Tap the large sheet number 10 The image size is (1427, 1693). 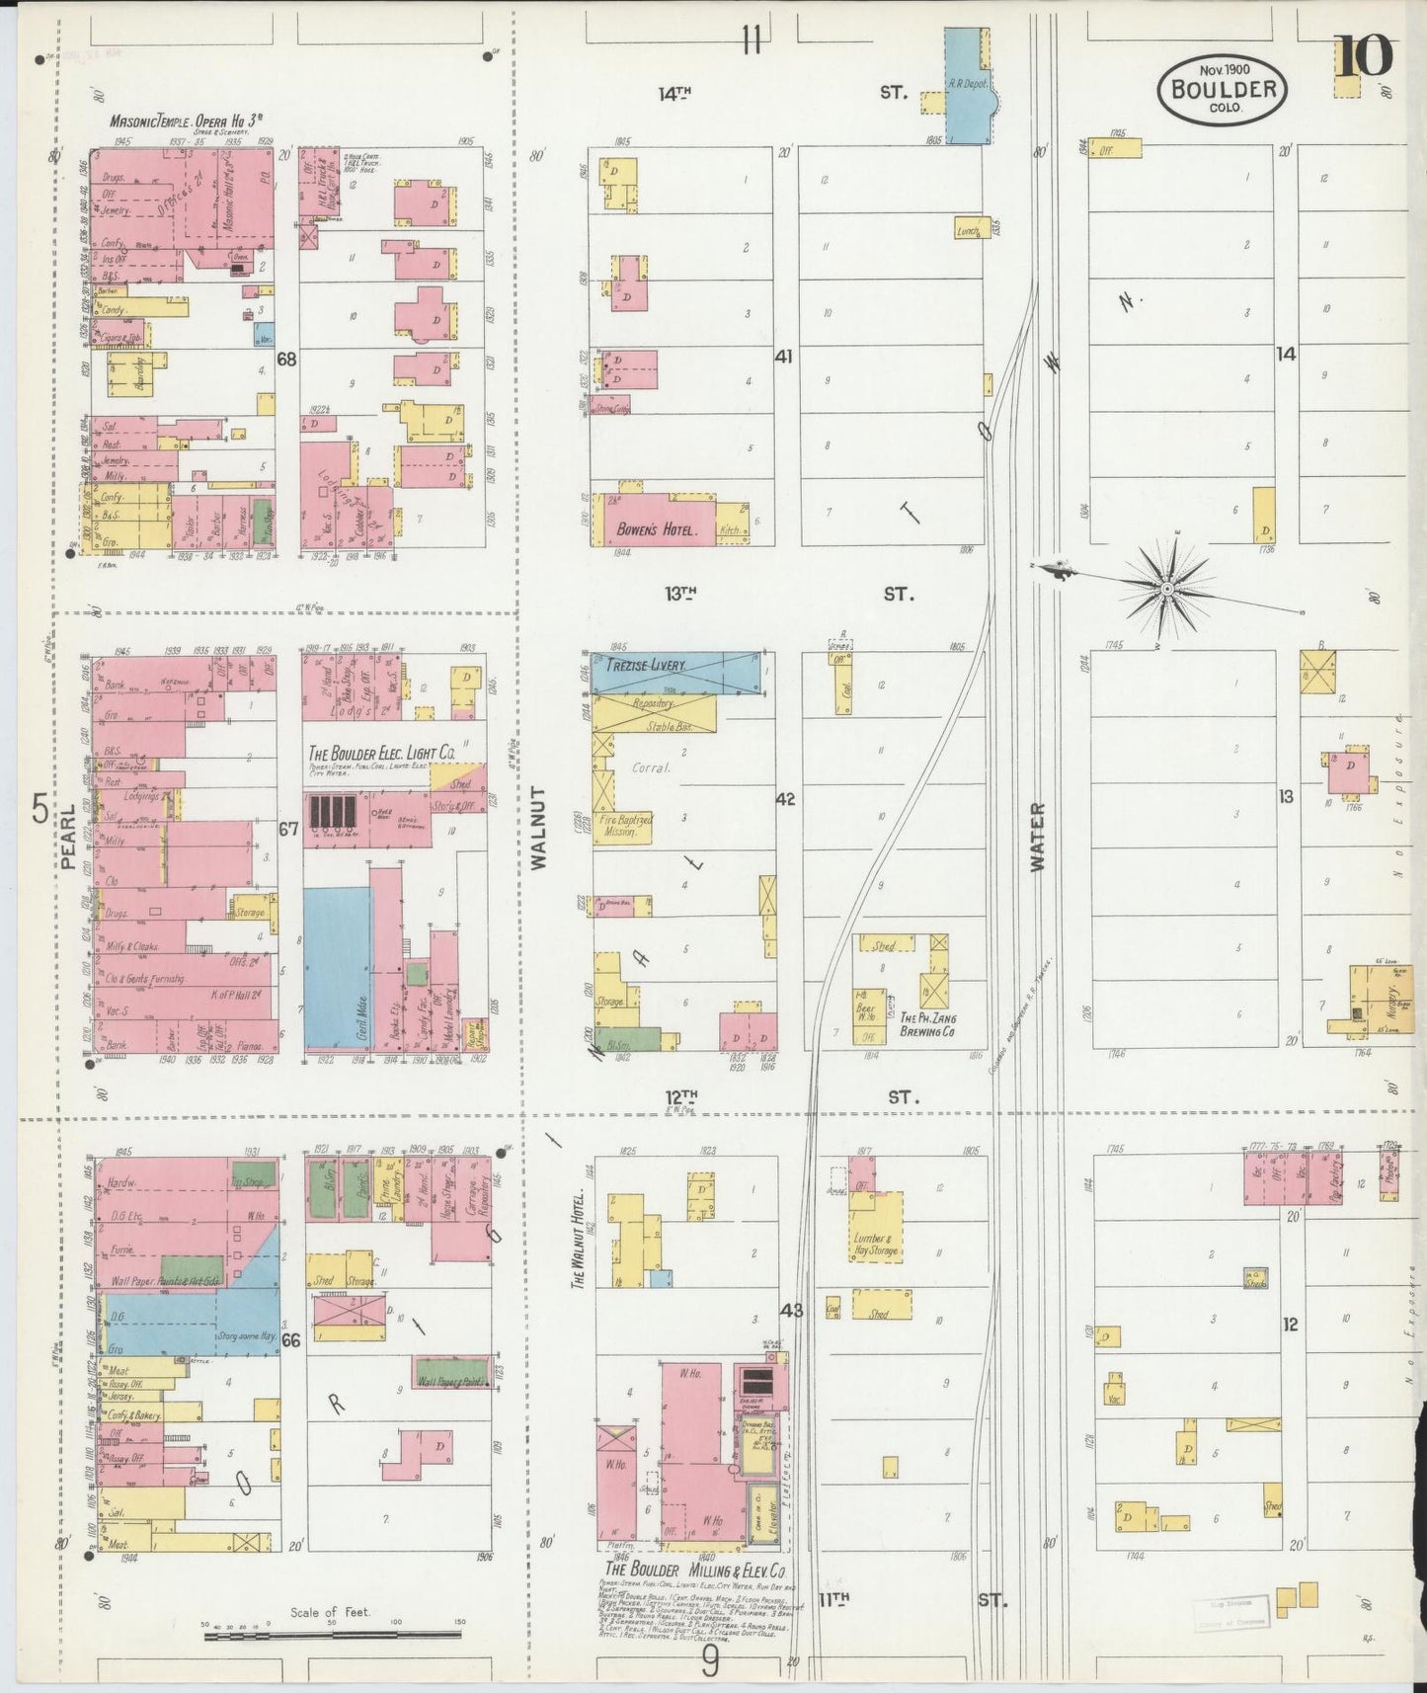(x=1364, y=56)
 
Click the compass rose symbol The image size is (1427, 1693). (x=1166, y=589)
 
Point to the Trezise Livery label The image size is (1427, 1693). (x=647, y=667)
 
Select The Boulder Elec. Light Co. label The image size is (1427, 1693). (x=381, y=753)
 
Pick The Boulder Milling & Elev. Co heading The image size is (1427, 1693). (x=695, y=1571)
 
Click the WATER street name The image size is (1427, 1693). (x=1037, y=836)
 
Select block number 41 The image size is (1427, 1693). (x=783, y=356)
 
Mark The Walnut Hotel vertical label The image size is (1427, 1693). (x=578, y=1240)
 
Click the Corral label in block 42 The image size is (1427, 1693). (x=651, y=766)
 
